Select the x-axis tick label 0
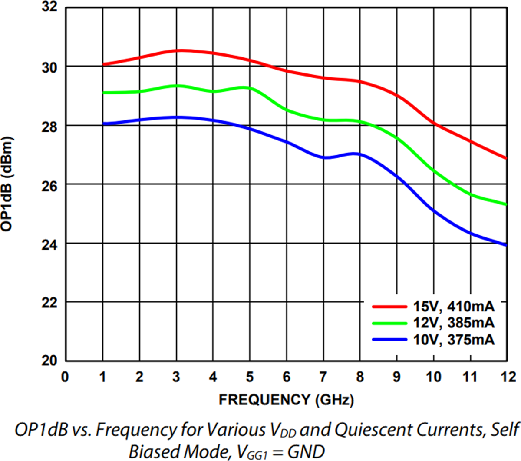pos(65,377)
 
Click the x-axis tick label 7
pos(323,377)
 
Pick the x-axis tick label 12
pos(506,377)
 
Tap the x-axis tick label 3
pos(176,377)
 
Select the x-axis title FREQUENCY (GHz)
pos(286,400)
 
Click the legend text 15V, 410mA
pos(454,307)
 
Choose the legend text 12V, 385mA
pos(454,323)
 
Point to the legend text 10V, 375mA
pos(454,339)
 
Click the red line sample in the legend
pos(389,307)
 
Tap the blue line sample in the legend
pos(389,339)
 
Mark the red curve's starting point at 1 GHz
pos(103,64)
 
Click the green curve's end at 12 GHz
pos(506,204)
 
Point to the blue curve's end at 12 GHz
pos(506,245)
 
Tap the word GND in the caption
pos(307,452)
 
